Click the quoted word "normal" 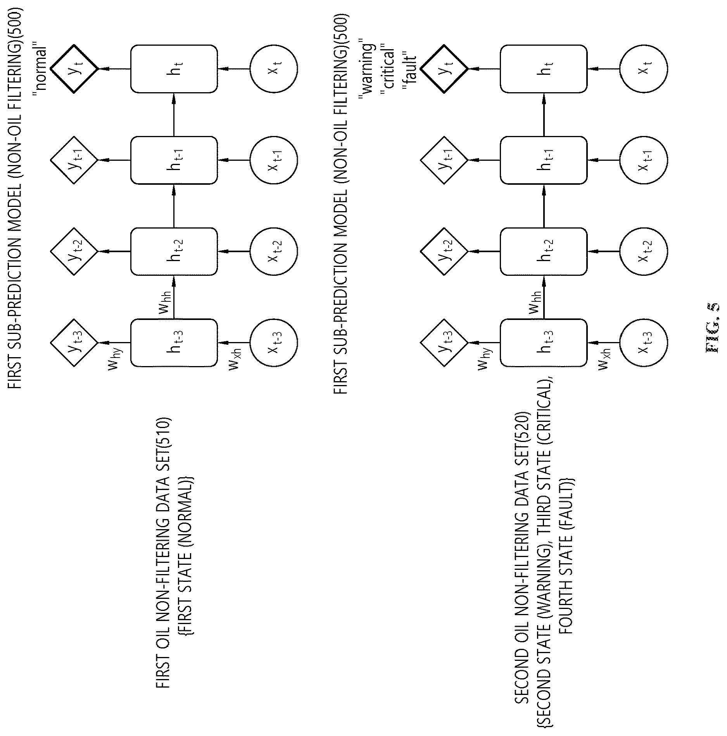[x=40, y=69]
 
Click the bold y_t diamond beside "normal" [x=74, y=69]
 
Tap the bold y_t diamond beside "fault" [x=444, y=69]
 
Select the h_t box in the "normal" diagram [x=174, y=69]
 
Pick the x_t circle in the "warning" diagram [x=644, y=69]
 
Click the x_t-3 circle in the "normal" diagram [x=274, y=343]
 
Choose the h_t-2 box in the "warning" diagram [x=544, y=251]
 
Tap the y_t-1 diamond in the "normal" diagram [x=74, y=160]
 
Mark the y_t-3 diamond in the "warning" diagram [x=444, y=343]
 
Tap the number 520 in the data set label [x=522, y=424]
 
